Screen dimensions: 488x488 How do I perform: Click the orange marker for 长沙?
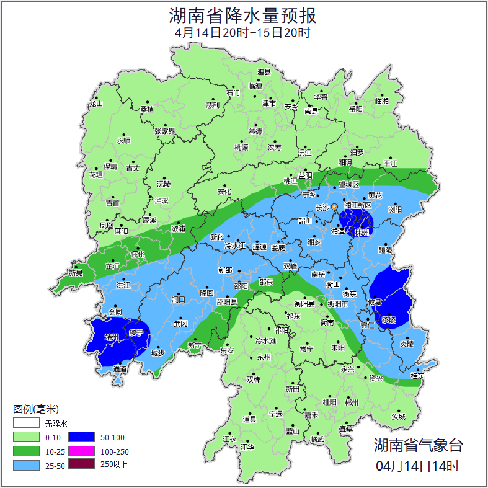pos(335,206)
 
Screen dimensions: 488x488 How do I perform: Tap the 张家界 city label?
pos(165,131)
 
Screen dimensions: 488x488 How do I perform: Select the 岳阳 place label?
pos(355,109)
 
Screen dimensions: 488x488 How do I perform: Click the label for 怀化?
pos(138,254)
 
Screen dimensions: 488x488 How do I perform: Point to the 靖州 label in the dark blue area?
pos(112,338)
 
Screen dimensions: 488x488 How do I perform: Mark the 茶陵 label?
pos(389,321)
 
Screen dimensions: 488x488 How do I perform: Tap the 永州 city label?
pos(264,358)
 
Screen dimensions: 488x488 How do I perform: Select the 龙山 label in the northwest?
pos(95,104)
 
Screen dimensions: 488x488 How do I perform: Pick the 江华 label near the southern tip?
pos(247,446)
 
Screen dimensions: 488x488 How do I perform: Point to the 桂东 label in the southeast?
pos(417,376)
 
